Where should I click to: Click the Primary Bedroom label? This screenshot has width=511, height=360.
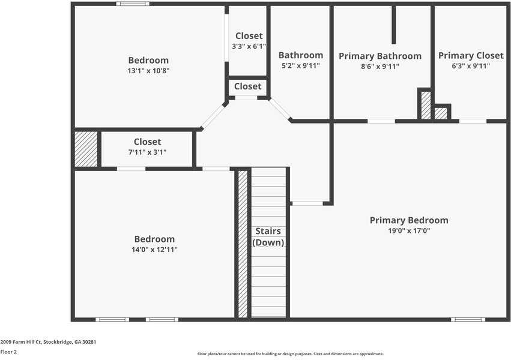coord(408,220)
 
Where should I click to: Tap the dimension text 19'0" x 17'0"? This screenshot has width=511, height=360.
coord(408,230)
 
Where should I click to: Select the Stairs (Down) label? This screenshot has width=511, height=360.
coord(268,237)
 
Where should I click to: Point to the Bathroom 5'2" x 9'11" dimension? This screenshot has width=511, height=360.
coord(300,66)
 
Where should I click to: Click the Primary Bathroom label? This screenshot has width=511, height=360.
coord(379,56)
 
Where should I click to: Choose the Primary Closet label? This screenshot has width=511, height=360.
coord(471,56)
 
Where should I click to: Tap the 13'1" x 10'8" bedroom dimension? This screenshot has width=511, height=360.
coord(148,70)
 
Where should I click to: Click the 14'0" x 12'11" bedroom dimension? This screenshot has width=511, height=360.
coord(154,249)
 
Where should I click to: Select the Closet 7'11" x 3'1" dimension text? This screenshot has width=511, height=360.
coord(147,152)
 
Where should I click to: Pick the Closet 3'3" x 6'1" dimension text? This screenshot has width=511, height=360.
coord(249,46)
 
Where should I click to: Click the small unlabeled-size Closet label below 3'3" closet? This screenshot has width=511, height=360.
coord(247,86)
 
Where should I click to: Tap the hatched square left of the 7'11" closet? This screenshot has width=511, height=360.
coord(86,149)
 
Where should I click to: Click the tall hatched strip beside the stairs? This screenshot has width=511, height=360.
coord(243,244)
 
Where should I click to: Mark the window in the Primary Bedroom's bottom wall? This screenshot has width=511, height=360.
coord(468,319)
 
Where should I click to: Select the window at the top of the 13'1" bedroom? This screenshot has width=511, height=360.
coord(133,4)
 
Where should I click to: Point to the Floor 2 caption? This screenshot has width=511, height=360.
coord(8,352)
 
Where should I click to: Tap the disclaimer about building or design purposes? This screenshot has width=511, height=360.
coord(290,354)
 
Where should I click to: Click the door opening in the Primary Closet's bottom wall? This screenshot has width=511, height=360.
coord(473,121)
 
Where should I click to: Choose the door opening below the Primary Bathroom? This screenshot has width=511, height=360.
coord(381,121)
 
